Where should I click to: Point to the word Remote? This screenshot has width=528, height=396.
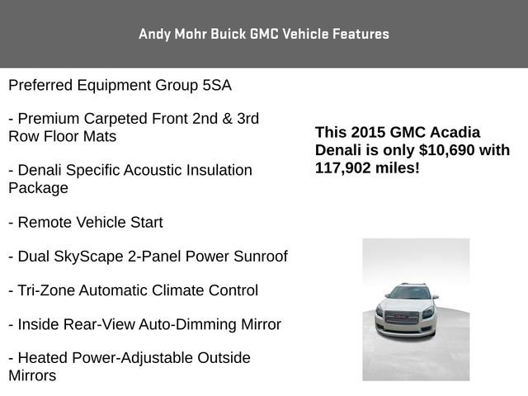click(x=45, y=223)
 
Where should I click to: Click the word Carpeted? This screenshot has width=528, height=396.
click(x=114, y=119)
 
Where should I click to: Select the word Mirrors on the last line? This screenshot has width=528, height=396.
click(x=32, y=375)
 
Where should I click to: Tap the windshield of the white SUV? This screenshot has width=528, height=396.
click(x=410, y=293)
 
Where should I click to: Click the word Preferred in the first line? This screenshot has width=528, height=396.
click(x=40, y=85)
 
